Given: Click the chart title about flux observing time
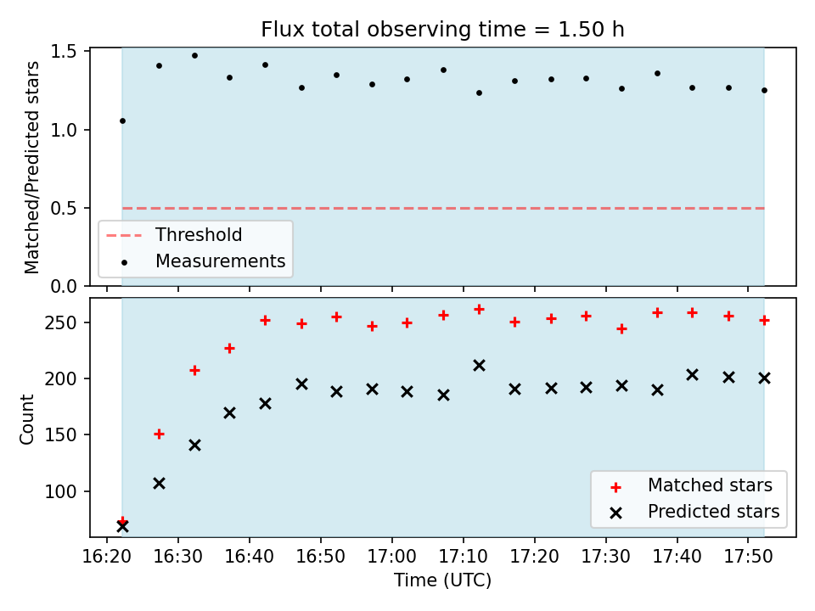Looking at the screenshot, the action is coord(442,30).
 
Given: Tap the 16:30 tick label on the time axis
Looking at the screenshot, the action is coord(178,557).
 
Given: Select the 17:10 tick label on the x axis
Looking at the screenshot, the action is coord(464,557).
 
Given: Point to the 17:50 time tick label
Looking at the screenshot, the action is coord(748,557).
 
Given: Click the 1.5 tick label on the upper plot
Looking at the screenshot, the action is coord(64,52).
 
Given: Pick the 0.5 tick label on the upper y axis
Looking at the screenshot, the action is coord(64,209).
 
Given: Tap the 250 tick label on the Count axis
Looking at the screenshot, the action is coord(61,322).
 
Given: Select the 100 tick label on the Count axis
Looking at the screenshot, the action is coord(61,491).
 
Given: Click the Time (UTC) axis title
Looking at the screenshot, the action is coord(442,580).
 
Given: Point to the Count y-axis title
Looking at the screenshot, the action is coord(26,419).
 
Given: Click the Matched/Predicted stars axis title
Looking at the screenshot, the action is coord(31,167).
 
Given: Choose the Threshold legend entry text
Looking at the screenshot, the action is coord(199,235).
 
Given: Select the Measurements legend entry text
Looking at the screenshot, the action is coord(221,261).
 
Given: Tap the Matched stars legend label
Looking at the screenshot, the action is coord(710,485).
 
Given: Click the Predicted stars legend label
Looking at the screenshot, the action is coord(714,512).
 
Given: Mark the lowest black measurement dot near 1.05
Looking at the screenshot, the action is coord(122,121).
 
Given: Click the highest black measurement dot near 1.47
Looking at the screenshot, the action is coord(195,56).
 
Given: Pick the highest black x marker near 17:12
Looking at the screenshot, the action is coord(479,366).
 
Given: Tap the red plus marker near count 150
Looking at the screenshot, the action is coord(159,434).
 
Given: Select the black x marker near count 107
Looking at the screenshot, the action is coord(159,484).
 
